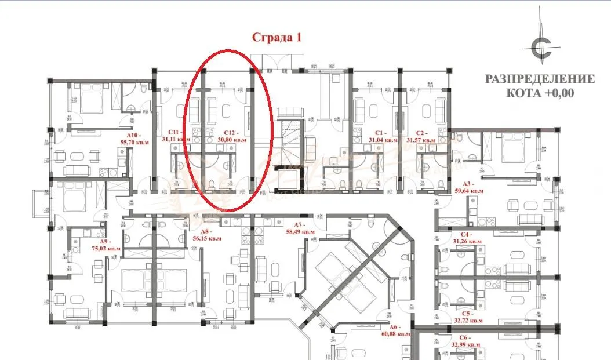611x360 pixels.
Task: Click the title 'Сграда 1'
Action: click(x=277, y=38)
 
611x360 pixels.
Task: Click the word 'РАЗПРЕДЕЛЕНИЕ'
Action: click(x=540, y=79)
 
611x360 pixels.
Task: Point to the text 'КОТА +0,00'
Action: click(x=540, y=92)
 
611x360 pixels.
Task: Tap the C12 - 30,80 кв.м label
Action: click(x=231, y=136)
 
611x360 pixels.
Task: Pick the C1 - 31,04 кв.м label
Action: click(x=384, y=136)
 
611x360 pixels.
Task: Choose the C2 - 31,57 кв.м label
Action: click(x=421, y=136)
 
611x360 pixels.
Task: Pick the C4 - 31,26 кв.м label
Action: click(x=467, y=238)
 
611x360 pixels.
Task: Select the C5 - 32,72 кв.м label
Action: click(x=467, y=316)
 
